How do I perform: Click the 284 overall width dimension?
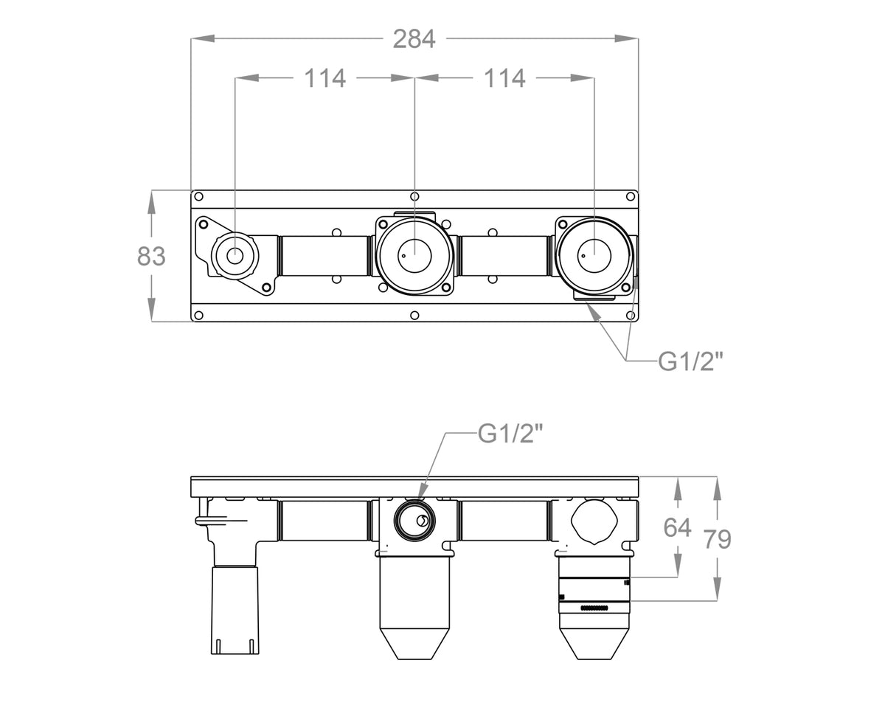click(414, 40)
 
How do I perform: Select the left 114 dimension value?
click(325, 78)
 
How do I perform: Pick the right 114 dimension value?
click(504, 78)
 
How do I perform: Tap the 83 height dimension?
click(151, 256)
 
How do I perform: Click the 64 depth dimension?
click(677, 527)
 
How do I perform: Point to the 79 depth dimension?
click(718, 539)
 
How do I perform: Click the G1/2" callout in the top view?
click(690, 361)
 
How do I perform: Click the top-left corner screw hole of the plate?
click(198, 196)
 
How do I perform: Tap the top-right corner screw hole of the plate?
click(631, 196)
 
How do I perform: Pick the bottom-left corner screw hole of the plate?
click(198, 316)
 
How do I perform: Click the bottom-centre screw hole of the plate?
click(414, 316)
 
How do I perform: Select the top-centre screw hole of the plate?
click(414, 196)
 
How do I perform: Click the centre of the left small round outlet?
click(235, 256)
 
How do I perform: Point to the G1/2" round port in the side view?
click(414, 521)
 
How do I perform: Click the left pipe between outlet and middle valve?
click(324, 256)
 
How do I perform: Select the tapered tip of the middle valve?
click(414, 644)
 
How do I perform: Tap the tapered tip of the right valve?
click(594, 644)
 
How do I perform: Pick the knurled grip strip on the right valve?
click(594, 608)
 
